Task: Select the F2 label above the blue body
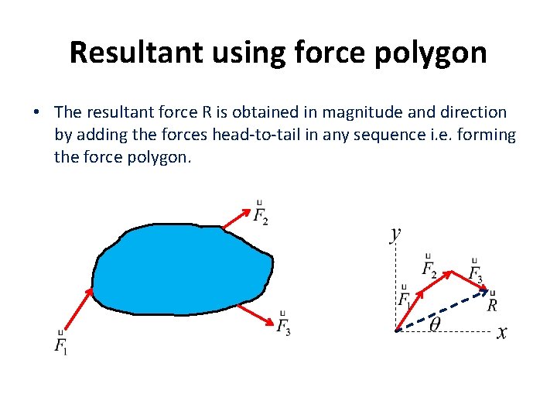pyautogui.click(x=261, y=213)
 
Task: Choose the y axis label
pyautogui.click(x=395, y=233)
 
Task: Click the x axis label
pyautogui.click(x=501, y=333)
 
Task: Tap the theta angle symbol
pyautogui.click(x=435, y=325)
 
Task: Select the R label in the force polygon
pyautogui.click(x=492, y=304)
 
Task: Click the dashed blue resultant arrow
pyautogui.click(x=441, y=311)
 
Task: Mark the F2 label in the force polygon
pyautogui.click(x=429, y=267)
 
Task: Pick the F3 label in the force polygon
pyautogui.click(x=475, y=272)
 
